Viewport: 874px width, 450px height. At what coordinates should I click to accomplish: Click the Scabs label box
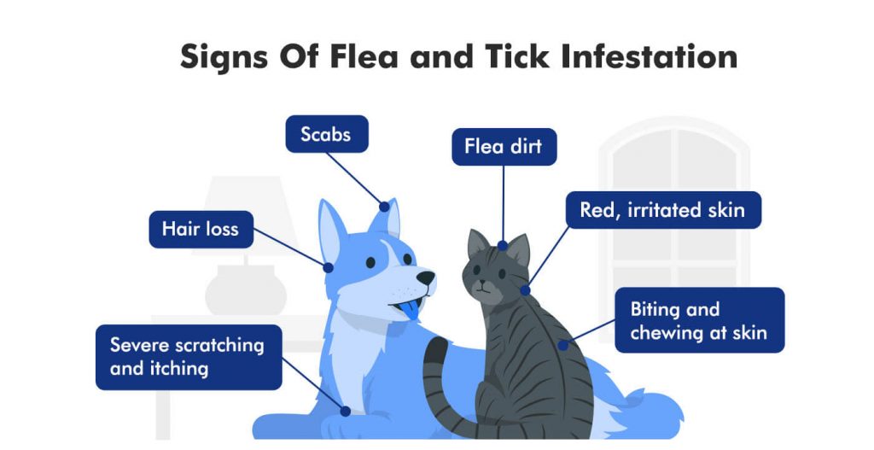(x=325, y=134)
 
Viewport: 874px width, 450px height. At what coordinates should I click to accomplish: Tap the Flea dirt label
(x=504, y=147)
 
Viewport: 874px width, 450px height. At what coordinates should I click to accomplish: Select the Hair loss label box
(x=201, y=229)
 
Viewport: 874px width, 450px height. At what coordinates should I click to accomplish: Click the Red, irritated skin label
(x=662, y=210)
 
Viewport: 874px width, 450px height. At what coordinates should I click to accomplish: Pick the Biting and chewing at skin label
(x=699, y=320)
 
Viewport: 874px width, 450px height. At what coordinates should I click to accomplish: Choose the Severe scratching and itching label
(x=188, y=357)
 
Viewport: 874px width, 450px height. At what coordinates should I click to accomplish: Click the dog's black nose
(x=425, y=278)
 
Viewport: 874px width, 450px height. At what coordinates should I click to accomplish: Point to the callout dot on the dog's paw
(x=345, y=411)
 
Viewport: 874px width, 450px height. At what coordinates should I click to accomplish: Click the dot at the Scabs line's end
(x=385, y=206)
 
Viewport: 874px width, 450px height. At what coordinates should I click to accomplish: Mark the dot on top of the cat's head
(x=503, y=246)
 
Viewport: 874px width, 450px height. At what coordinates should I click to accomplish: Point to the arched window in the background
(x=674, y=205)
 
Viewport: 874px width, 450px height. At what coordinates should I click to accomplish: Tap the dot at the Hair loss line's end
(x=329, y=267)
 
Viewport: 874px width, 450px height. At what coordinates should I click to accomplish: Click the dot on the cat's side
(x=562, y=345)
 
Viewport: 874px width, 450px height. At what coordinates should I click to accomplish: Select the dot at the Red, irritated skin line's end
(x=525, y=290)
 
